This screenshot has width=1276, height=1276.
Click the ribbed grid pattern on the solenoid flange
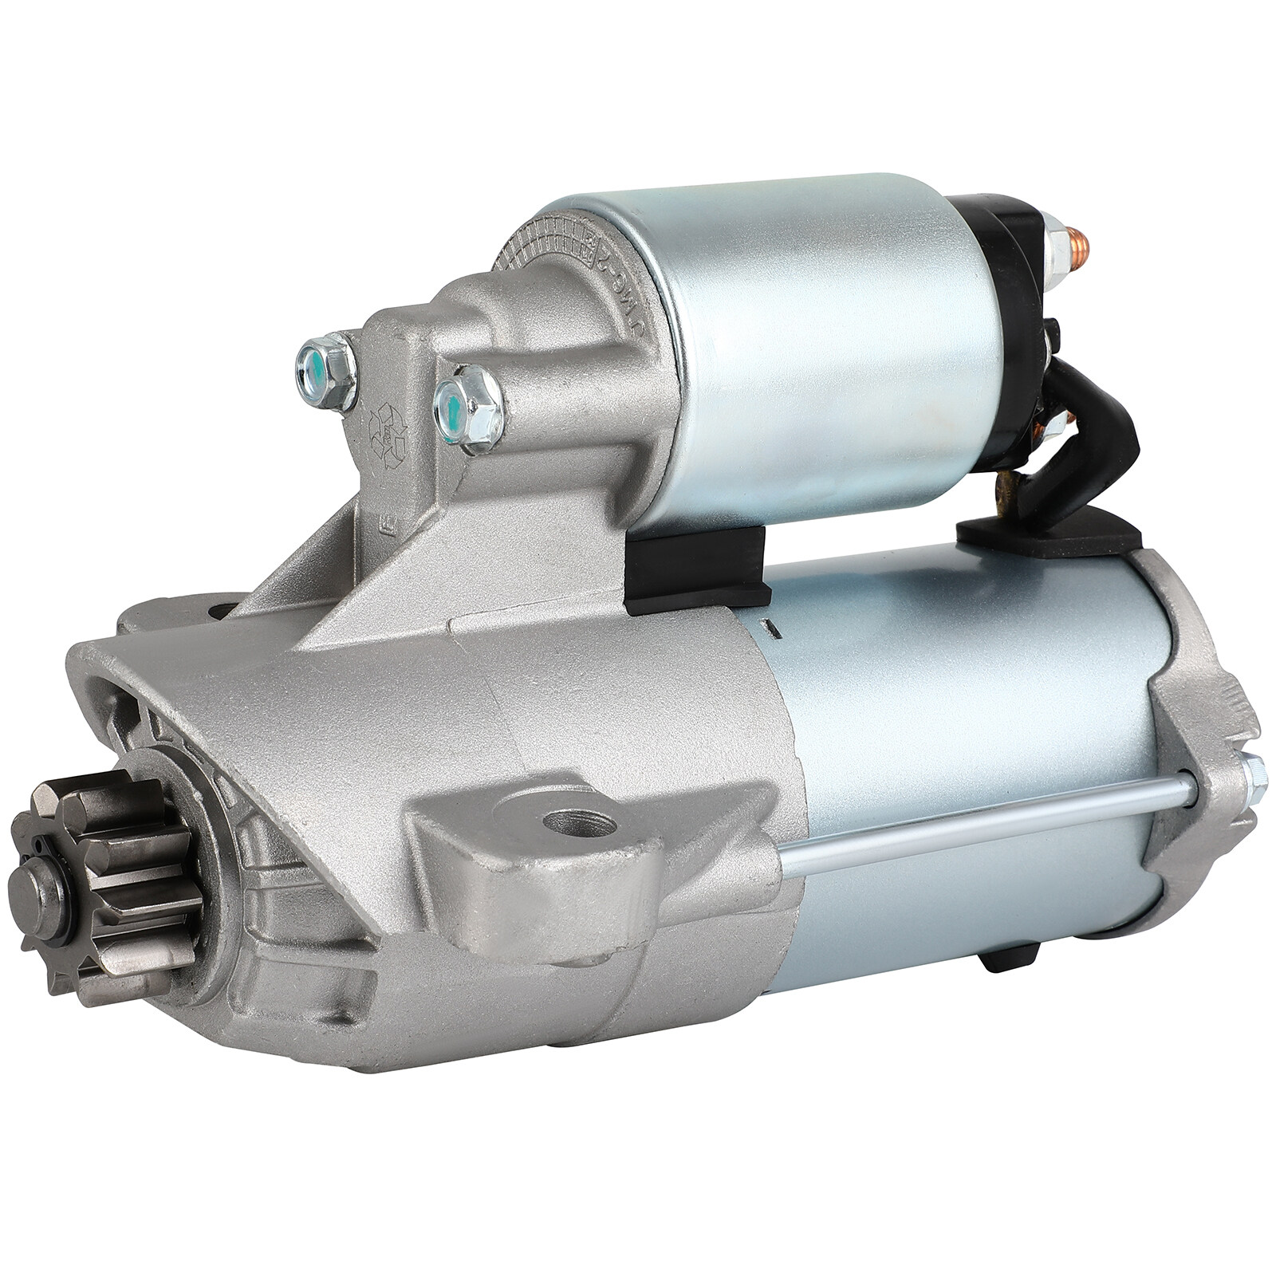(x=542, y=239)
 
